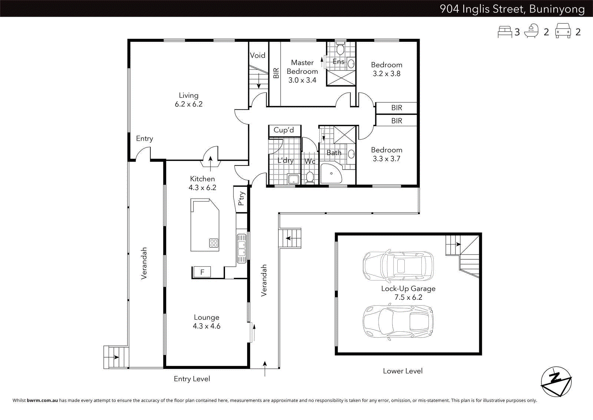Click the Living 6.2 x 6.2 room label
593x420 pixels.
click(189, 100)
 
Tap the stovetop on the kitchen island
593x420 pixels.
click(214, 243)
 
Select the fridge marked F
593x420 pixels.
click(202, 272)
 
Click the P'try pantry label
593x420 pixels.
click(241, 198)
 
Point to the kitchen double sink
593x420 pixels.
click(241, 248)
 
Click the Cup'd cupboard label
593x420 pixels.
click(284, 130)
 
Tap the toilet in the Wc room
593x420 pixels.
click(310, 177)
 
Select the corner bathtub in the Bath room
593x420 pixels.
click(330, 174)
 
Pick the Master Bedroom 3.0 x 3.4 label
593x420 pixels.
click(302, 71)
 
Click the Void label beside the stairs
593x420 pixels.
click(257, 55)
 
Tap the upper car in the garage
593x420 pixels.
click(398, 266)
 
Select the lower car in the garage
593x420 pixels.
click(398, 321)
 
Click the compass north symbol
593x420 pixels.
click(556, 381)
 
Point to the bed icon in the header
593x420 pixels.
click(505, 32)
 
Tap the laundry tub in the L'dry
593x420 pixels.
click(294, 179)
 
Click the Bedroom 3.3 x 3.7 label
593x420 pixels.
click(387, 154)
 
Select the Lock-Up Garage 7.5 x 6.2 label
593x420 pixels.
click(408, 293)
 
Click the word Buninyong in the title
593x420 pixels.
click(557, 9)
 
